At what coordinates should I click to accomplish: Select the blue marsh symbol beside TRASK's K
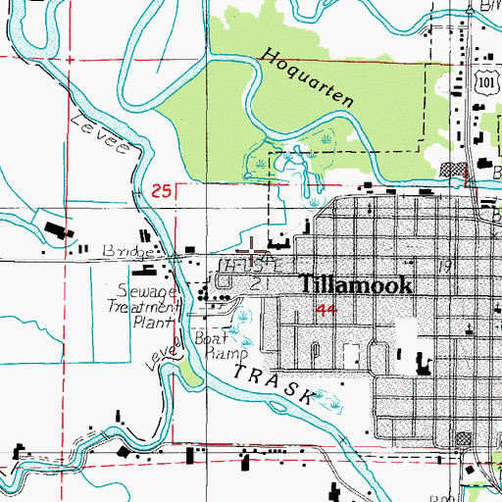click(329, 402)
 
